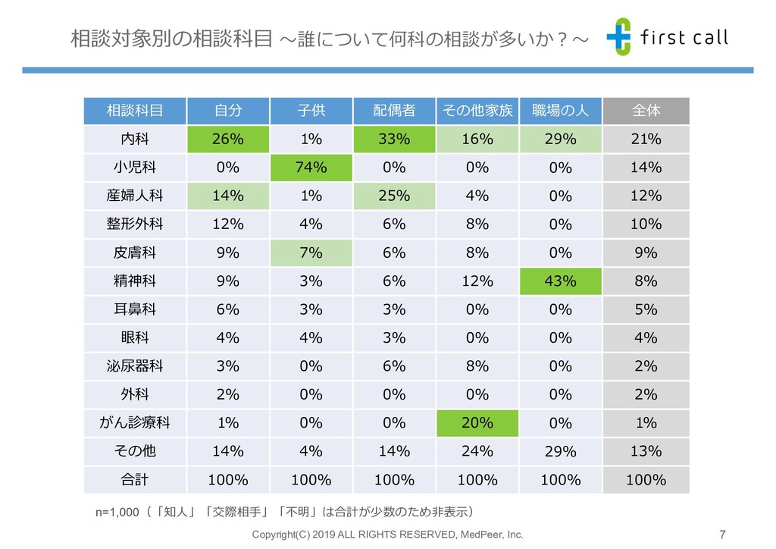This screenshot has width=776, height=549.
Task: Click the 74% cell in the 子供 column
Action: click(311, 168)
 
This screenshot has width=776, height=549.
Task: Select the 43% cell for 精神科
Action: click(560, 281)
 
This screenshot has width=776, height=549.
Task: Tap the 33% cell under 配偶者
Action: click(394, 140)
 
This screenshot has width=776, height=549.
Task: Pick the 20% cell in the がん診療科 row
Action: click(477, 422)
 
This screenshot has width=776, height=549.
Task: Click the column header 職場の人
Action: click(560, 111)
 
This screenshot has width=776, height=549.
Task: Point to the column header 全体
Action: click(646, 111)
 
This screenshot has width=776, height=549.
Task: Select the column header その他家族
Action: click(477, 111)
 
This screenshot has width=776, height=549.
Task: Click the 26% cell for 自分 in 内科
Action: click(227, 140)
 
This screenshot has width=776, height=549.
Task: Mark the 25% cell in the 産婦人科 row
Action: click(394, 196)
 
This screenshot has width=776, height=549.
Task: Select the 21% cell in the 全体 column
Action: click(646, 140)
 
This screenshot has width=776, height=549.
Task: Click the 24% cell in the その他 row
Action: click(477, 451)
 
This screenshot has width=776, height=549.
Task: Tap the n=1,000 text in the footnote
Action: click(117, 512)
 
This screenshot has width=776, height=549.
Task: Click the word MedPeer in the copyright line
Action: click(483, 535)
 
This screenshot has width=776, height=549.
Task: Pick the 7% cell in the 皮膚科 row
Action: click(311, 253)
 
